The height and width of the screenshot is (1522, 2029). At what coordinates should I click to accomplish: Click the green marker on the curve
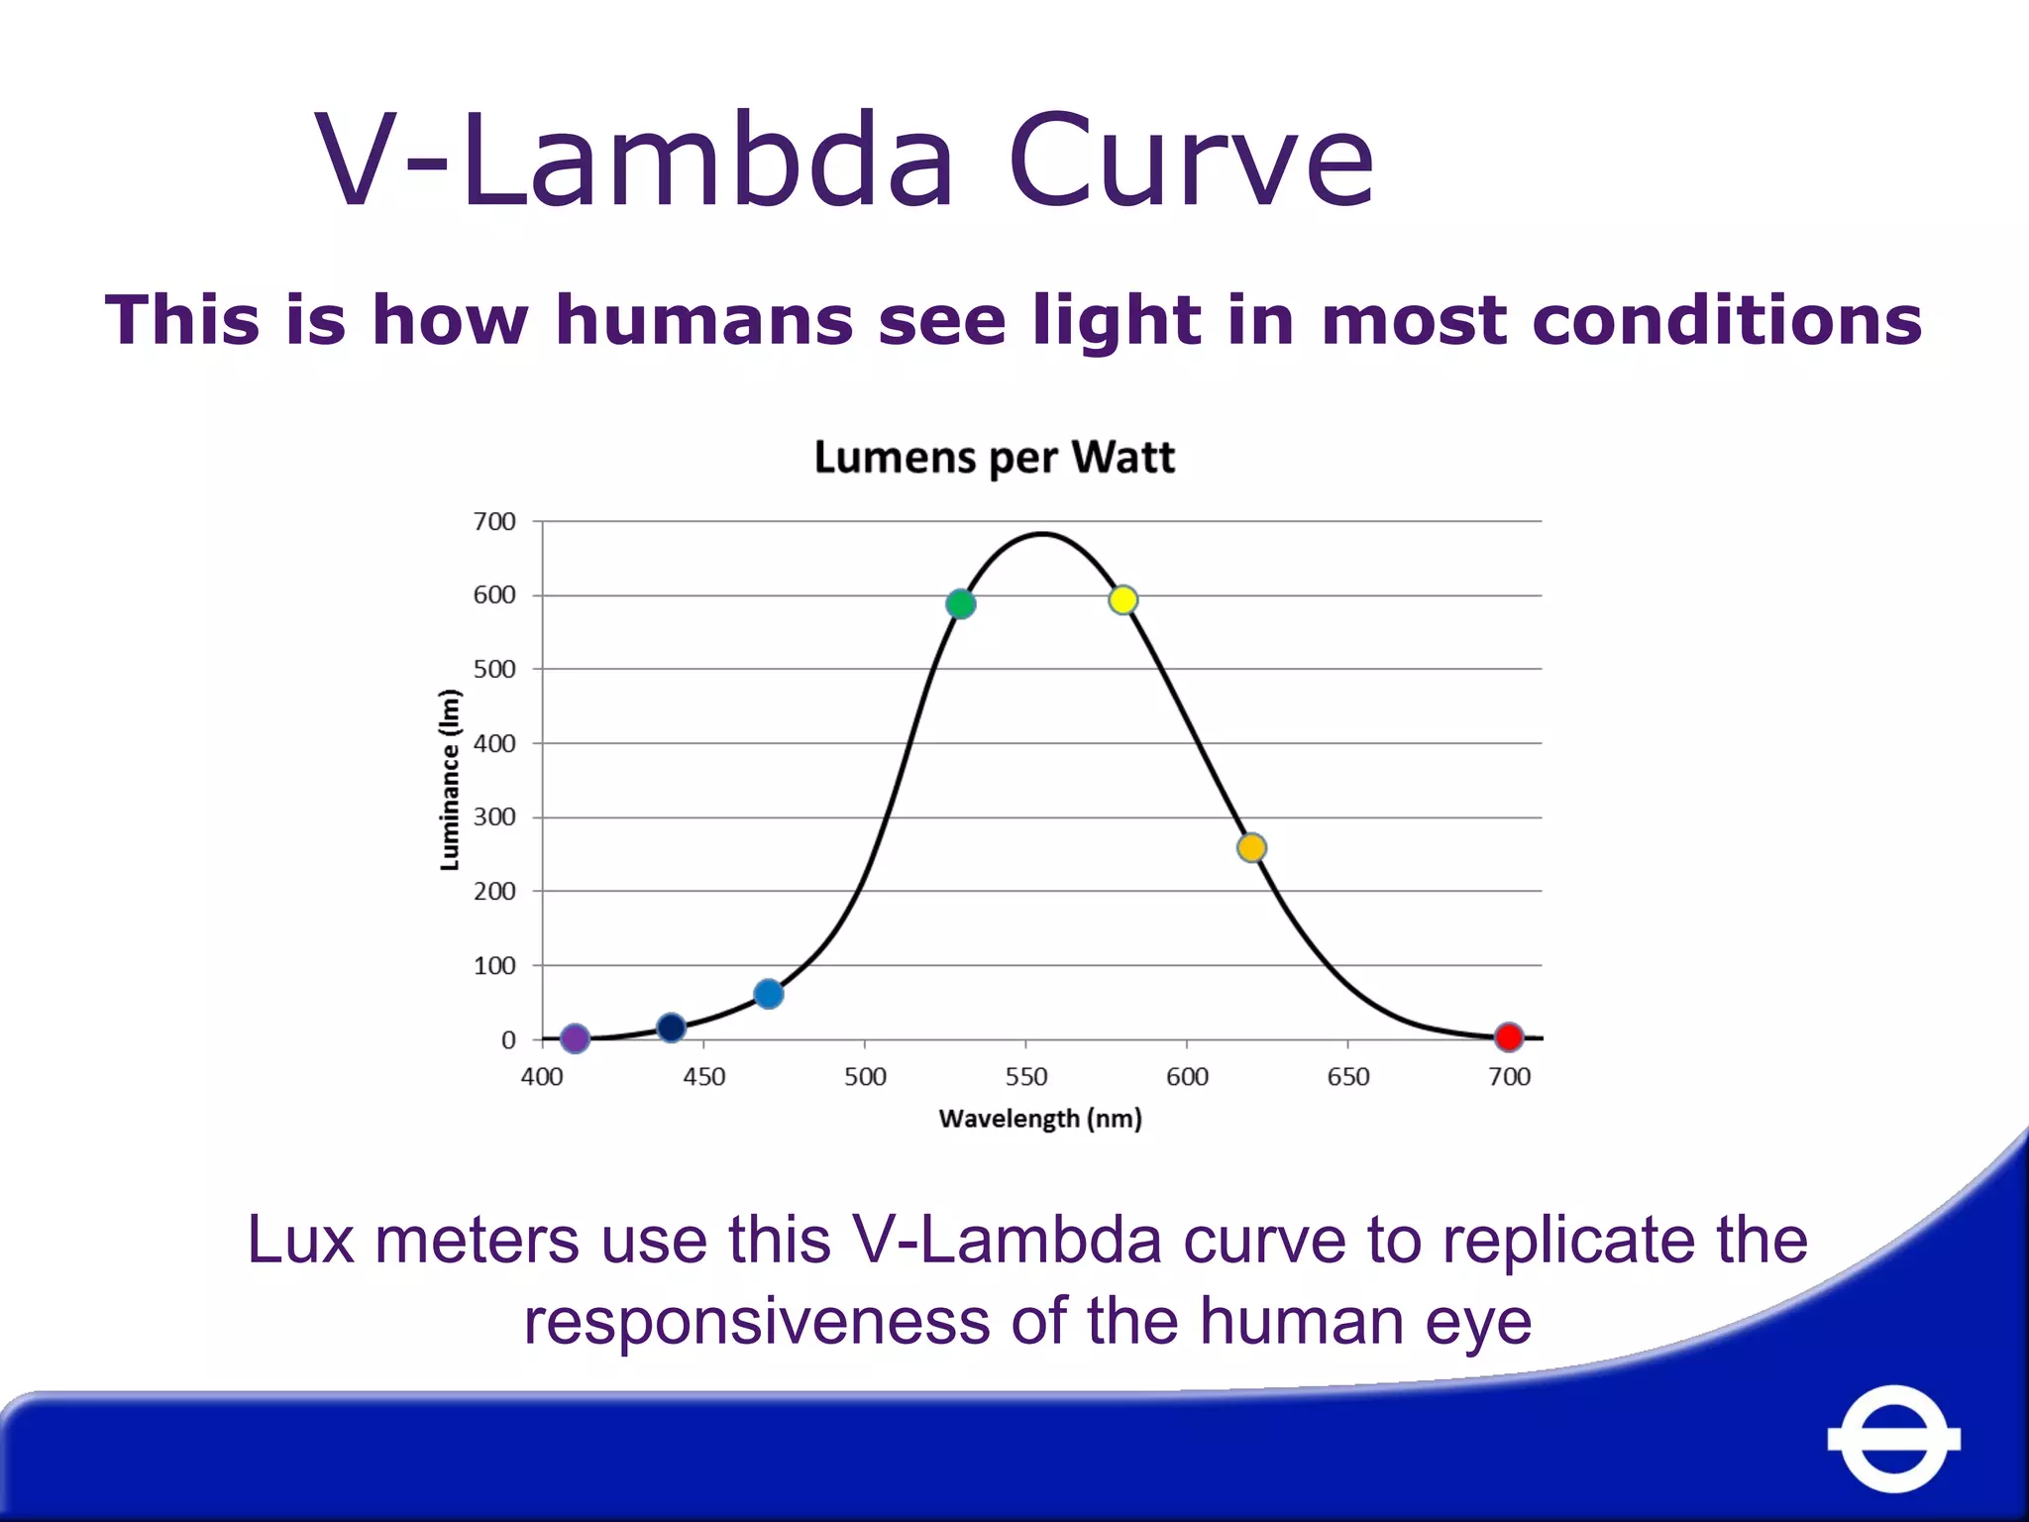(x=960, y=603)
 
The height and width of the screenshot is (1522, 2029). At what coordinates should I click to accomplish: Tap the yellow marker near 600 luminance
(x=1122, y=599)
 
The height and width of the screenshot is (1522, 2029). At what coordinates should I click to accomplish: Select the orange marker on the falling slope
(x=1251, y=847)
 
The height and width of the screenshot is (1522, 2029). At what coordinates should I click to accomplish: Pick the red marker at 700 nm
(x=1508, y=1036)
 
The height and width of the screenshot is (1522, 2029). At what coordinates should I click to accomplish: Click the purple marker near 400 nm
(x=575, y=1037)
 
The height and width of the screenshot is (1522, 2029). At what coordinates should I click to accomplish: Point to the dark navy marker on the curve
(x=671, y=1028)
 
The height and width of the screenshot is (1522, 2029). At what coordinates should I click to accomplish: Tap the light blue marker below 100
(x=768, y=993)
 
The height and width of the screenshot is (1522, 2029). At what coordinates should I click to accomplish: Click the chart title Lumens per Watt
(x=994, y=458)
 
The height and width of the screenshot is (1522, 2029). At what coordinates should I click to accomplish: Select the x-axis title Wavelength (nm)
(x=1040, y=1119)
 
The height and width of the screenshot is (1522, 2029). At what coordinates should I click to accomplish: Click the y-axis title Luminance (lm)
(x=450, y=780)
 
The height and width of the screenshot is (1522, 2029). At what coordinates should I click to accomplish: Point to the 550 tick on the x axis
(x=1025, y=1076)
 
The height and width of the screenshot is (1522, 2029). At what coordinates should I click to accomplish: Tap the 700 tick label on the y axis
(x=494, y=521)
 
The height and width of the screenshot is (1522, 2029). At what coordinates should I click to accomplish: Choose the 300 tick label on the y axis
(x=494, y=816)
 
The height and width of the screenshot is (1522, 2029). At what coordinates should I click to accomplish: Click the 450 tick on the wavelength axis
(x=703, y=1076)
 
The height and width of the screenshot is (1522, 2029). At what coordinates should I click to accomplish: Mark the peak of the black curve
(x=1042, y=534)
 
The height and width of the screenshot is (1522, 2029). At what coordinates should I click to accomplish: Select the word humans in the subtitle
(x=703, y=320)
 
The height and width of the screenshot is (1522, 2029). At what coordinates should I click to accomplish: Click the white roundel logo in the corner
(x=1893, y=1438)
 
